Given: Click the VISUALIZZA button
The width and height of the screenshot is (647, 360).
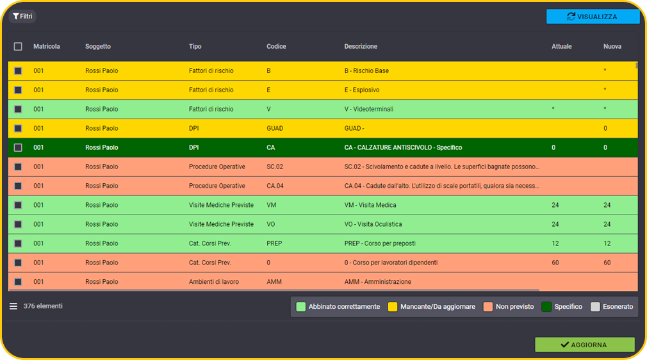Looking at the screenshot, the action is (593, 17).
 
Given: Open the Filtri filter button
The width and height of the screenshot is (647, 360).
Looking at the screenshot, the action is (22, 16).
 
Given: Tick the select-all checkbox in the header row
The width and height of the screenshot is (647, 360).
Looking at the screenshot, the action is (18, 47).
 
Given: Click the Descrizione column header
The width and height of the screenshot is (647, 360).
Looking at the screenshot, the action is (361, 47).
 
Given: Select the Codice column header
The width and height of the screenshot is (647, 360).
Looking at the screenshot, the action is (276, 47).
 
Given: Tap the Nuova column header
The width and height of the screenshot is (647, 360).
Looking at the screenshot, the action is (612, 47).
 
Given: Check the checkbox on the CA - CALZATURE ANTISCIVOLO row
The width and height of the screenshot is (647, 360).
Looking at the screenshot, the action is (18, 148).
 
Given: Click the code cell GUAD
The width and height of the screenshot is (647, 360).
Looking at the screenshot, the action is (275, 128).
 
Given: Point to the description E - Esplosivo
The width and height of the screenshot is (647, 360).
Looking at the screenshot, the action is (362, 90).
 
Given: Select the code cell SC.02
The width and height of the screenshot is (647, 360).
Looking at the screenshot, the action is (275, 167).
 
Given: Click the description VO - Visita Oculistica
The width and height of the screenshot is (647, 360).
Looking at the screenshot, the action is (373, 224).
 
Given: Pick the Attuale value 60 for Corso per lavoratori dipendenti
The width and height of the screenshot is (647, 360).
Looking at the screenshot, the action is (555, 263).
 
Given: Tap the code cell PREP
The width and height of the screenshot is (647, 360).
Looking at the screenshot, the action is (274, 243).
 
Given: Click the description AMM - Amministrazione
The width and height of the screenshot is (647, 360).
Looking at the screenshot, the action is (377, 282).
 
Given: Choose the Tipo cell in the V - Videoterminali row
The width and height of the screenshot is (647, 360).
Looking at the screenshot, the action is (211, 110).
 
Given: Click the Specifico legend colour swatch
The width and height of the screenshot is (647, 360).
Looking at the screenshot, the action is (546, 307).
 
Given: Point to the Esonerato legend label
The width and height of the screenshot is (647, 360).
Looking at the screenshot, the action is (618, 307).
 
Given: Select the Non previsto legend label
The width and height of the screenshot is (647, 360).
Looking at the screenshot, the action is (514, 307).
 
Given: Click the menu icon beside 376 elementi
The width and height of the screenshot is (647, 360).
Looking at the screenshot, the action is (13, 306).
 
